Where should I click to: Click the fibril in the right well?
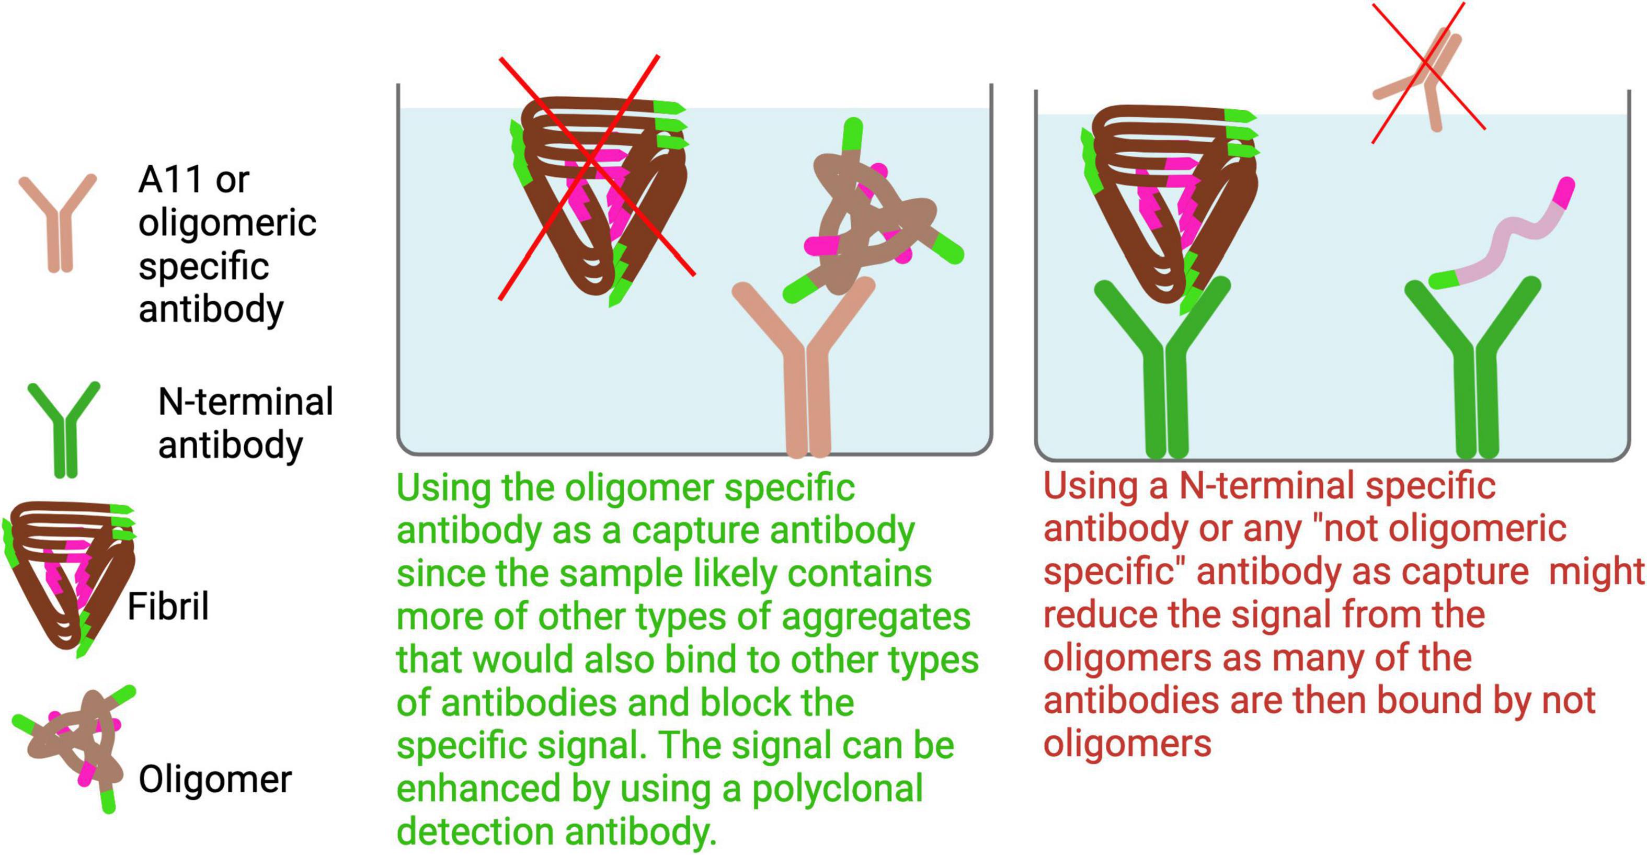(1170, 198)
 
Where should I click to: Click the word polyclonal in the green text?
(837, 789)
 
